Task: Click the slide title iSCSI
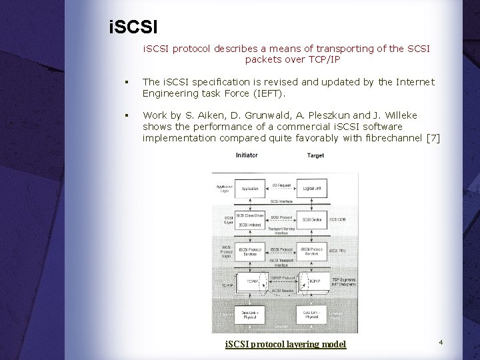133,29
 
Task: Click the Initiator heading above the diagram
246,155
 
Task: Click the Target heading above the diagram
315,156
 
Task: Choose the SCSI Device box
313,219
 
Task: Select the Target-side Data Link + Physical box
312,315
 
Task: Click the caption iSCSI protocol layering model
285,344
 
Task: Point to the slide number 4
441,342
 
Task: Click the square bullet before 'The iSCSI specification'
125,83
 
